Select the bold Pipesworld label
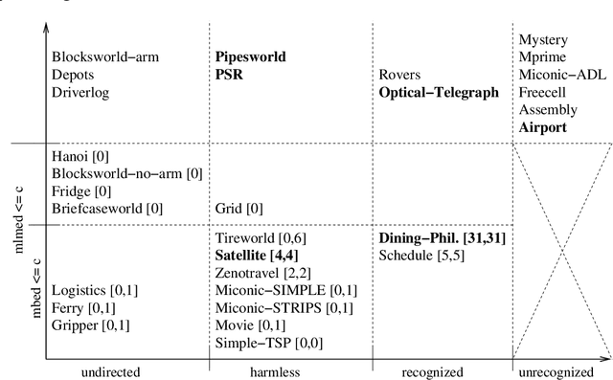(250, 57)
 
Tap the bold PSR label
(231, 75)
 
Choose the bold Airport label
(542, 126)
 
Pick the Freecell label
(542, 92)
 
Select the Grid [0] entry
(240, 208)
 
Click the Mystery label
(543, 40)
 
